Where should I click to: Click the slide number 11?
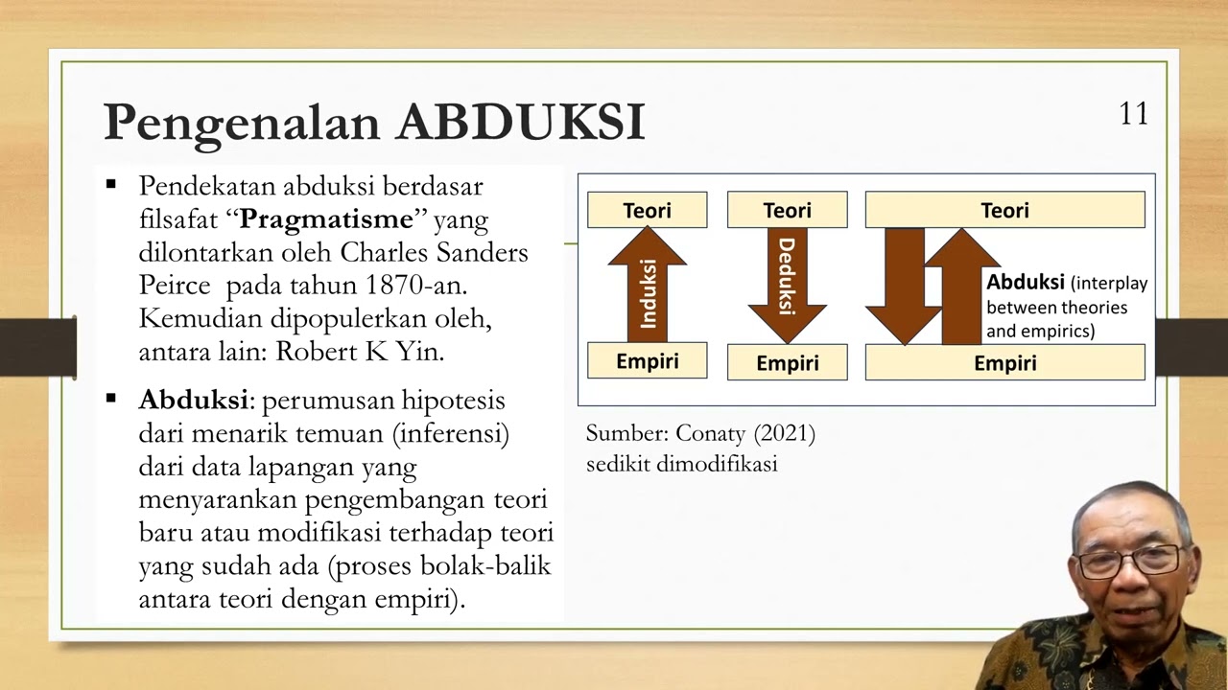tap(1133, 114)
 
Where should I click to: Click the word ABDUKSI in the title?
tap(521, 123)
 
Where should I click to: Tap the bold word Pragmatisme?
tap(325, 219)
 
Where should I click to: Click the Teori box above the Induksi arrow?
tap(647, 210)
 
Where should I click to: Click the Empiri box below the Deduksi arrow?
tap(787, 363)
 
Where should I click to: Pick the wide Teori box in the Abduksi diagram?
tap(1004, 210)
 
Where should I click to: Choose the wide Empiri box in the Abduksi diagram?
tap(1004, 363)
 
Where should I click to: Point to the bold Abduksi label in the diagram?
tap(1026, 283)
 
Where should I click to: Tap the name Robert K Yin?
tap(360, 352)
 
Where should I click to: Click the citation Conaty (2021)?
tap(745, 433)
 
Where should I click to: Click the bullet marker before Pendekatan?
tap(112, 184)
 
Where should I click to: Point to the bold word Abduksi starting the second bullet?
tap(193, 400)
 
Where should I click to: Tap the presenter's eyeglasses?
tap(1129, 561)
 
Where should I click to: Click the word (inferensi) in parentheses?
tap(450, 433)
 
